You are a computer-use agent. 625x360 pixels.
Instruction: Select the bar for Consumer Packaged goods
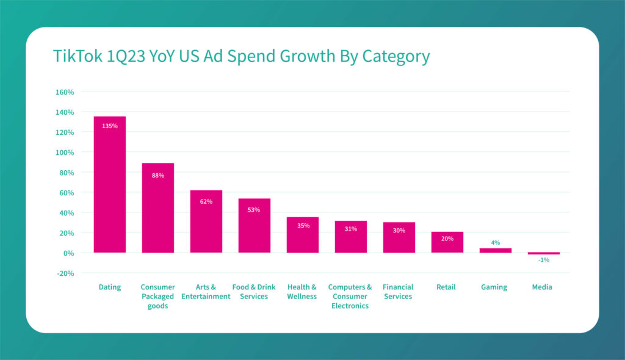tap(158, 207)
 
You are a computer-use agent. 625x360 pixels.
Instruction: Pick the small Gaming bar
tap(496, 250)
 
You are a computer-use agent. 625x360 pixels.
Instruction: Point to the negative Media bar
tap(544, 253)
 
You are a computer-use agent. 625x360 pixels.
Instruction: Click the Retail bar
tap(447, 242)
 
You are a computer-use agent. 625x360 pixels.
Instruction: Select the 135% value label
tap(110, 126)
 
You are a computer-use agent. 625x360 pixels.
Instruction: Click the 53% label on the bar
tap(254, 210)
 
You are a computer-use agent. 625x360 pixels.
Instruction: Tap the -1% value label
tap(543, 260)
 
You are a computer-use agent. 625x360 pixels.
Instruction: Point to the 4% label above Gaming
tap(496, 242)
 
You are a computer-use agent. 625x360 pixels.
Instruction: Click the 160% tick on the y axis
tap(65, 92)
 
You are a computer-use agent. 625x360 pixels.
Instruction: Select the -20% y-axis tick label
tap(65, 273)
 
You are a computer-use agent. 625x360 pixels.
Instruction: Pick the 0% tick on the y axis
tap(67, 253)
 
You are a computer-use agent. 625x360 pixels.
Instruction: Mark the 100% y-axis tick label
tap(65, 153)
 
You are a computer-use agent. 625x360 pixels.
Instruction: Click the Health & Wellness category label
tap(302, 292)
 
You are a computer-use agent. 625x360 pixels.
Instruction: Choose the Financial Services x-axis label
tap(398, 292)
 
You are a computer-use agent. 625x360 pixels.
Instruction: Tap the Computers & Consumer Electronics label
tap(350, 297)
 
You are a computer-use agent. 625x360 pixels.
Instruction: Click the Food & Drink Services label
tap(254, 292)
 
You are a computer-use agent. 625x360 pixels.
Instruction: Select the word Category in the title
tap(396, 57)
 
